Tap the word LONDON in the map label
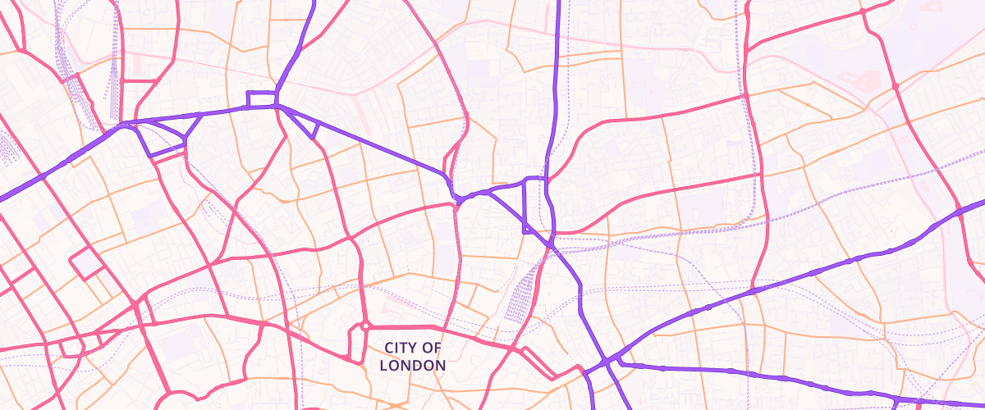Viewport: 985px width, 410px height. point(414,365)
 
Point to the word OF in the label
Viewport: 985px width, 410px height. point(432,348)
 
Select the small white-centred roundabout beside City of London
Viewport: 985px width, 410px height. point(364,326)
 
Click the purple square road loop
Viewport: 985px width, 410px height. point(262,100)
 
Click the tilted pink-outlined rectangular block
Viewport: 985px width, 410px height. point(86,263)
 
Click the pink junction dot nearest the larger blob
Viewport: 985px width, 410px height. point(895,85)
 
